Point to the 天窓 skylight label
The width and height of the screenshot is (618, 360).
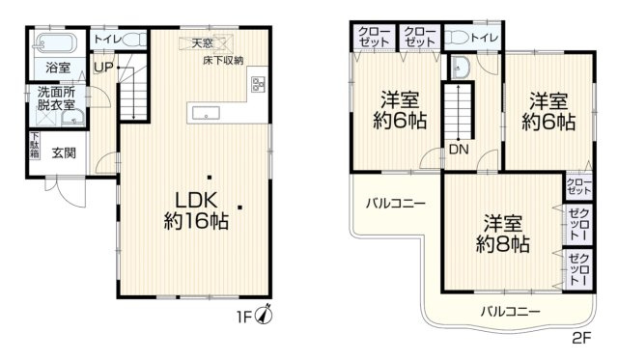(x=202, y=43)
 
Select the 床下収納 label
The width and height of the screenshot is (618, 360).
(x=223, y=61)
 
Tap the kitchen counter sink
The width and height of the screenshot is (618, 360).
(x=206, y=113)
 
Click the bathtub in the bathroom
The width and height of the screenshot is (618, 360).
(x=57, y=42)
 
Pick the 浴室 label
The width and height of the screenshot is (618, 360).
(x=57, y=68)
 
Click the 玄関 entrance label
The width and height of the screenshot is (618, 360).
(x=66, y=152)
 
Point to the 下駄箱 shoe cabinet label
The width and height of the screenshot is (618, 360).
(x=35, y=146)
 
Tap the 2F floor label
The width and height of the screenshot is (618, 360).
(x=581, y=338)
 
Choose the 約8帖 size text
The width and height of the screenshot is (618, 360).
(x=503, y=243)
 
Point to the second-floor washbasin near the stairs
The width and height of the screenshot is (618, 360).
(x=459, y=68)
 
